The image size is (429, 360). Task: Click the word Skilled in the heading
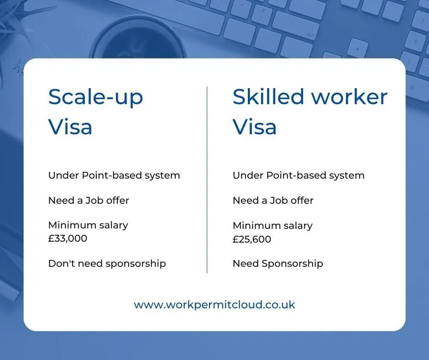[x=268, y=96]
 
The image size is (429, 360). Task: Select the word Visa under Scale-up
[x=70, y=127]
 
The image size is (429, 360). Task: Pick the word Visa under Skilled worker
[x=255, y=127]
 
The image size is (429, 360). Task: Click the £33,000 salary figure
[x=68, y=238]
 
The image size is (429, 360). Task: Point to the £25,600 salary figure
[x=252, y=239]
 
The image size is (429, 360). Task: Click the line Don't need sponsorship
[x=107, y=264]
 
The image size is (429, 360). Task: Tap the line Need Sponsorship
[x=277, y=264]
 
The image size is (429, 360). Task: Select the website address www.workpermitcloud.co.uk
[x=214, y=305]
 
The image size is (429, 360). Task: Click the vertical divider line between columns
[x=207, y=180]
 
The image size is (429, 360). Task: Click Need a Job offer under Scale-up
[x=89, y=200]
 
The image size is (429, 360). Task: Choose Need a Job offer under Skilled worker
[x=273, y=200]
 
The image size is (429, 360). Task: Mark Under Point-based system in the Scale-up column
[x=114, y=175]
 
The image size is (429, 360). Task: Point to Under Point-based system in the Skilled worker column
[x=298, y=175]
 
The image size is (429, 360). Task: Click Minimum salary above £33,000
[x=88, y=225]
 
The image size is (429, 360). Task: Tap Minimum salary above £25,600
[x=272, y=226]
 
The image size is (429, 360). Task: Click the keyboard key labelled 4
[x=415, y=42]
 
